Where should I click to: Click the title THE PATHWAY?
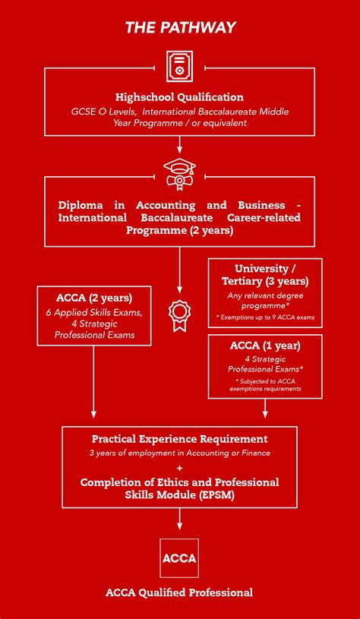[180, 29]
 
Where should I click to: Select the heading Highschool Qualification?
[180, 97]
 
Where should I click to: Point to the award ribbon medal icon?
[180, 316]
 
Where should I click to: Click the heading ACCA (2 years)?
[94, 297]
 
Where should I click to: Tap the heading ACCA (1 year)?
[265, 346]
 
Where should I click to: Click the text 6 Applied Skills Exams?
[94, 312]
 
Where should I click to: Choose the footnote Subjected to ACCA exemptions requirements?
[265, 385]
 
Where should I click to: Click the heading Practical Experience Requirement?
[180, 439]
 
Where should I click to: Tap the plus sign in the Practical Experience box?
[180, 468]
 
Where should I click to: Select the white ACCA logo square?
[180, 558]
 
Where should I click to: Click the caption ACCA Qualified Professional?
[180, 592]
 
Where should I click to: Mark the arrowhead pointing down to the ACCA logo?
[180, 526]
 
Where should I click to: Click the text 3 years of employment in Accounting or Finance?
[180, 453]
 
